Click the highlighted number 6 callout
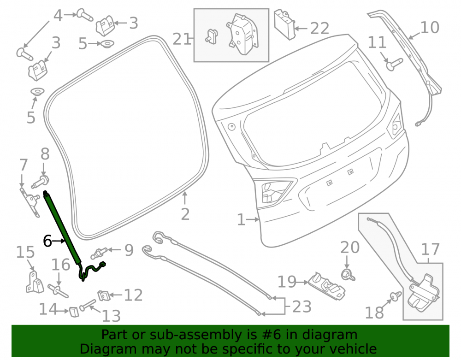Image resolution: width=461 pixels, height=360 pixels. (47, 241)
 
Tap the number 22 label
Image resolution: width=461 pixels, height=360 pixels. (319, 29)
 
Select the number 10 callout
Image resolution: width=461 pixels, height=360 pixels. (430, 27)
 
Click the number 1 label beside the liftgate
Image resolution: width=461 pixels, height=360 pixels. (241, 219)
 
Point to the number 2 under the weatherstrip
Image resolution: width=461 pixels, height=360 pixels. (185, 214)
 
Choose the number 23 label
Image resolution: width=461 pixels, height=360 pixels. (301, 307)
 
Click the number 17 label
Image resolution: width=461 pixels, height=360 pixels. (430, 249)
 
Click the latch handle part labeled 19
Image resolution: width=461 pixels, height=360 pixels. (326, 286)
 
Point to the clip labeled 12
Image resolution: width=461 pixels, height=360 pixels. (103, 295)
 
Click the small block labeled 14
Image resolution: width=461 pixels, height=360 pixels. (74, 312)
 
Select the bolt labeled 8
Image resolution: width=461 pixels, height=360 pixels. (41, 182)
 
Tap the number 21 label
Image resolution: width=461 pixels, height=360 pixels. (181, 39)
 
